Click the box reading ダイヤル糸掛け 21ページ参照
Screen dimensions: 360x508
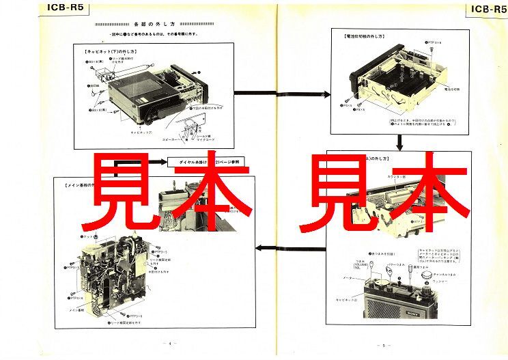pyautogui.click(x=206, y=163)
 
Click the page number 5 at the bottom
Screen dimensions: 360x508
pyautogui.click(x=384, y=345)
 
